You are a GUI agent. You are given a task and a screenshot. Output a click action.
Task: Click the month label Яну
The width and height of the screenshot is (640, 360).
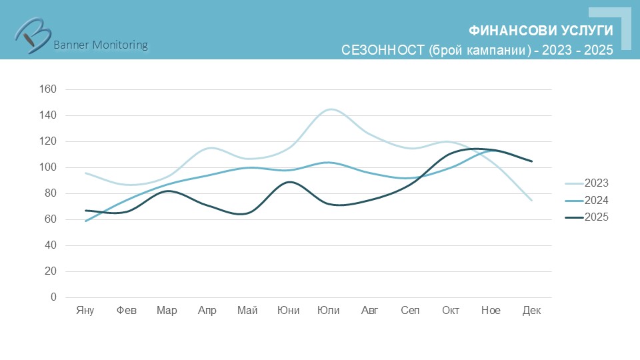click(85, 311)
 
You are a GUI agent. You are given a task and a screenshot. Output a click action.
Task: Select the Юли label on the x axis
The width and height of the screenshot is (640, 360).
click(329, 311)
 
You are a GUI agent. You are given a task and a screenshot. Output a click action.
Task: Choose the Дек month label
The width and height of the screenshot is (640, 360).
click(531, 311)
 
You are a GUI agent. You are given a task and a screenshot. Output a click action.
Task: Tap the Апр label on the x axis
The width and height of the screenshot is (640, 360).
click(207, 311)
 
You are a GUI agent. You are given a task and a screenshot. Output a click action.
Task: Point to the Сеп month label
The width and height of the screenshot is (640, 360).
click(410, 311)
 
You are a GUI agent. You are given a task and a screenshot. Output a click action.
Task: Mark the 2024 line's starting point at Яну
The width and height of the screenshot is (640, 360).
click(86, 221)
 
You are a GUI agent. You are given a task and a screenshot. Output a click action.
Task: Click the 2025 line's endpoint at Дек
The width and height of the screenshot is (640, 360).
click(531, 161)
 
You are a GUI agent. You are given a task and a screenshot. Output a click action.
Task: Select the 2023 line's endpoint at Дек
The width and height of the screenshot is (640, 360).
click(531, 200)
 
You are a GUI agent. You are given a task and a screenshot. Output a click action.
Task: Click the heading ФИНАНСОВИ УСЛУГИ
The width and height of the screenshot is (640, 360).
click(541, 31)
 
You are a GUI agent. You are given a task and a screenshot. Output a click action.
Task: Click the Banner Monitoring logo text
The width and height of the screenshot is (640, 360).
click(100, 45)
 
